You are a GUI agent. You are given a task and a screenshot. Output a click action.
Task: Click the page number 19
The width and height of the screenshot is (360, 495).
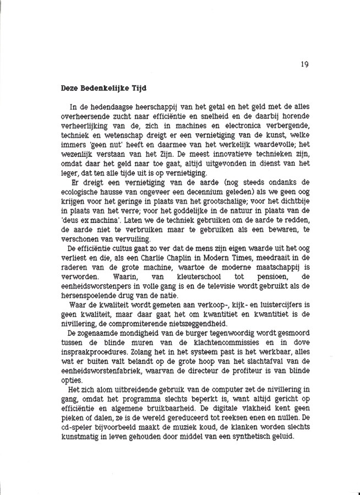[x=304, y=64]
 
